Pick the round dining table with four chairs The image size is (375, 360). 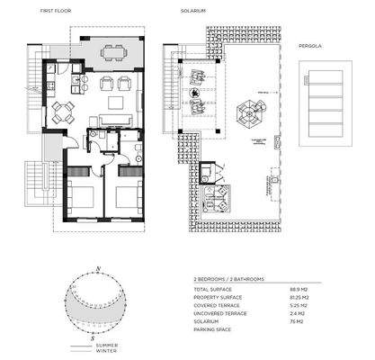[61, 112]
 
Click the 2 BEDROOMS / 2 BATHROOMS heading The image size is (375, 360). [229, 280]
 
